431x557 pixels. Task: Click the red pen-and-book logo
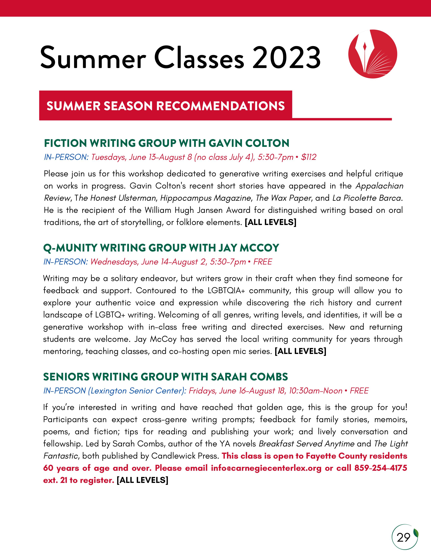coord(373,54)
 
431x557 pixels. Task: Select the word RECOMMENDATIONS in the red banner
coord(220,106)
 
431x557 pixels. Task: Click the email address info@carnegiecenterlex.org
coord(266,468)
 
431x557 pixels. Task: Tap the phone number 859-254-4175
coord(380,468)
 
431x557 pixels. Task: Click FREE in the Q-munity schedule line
coord(263,262)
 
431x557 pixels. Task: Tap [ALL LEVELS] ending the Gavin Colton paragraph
coord(271,222)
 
